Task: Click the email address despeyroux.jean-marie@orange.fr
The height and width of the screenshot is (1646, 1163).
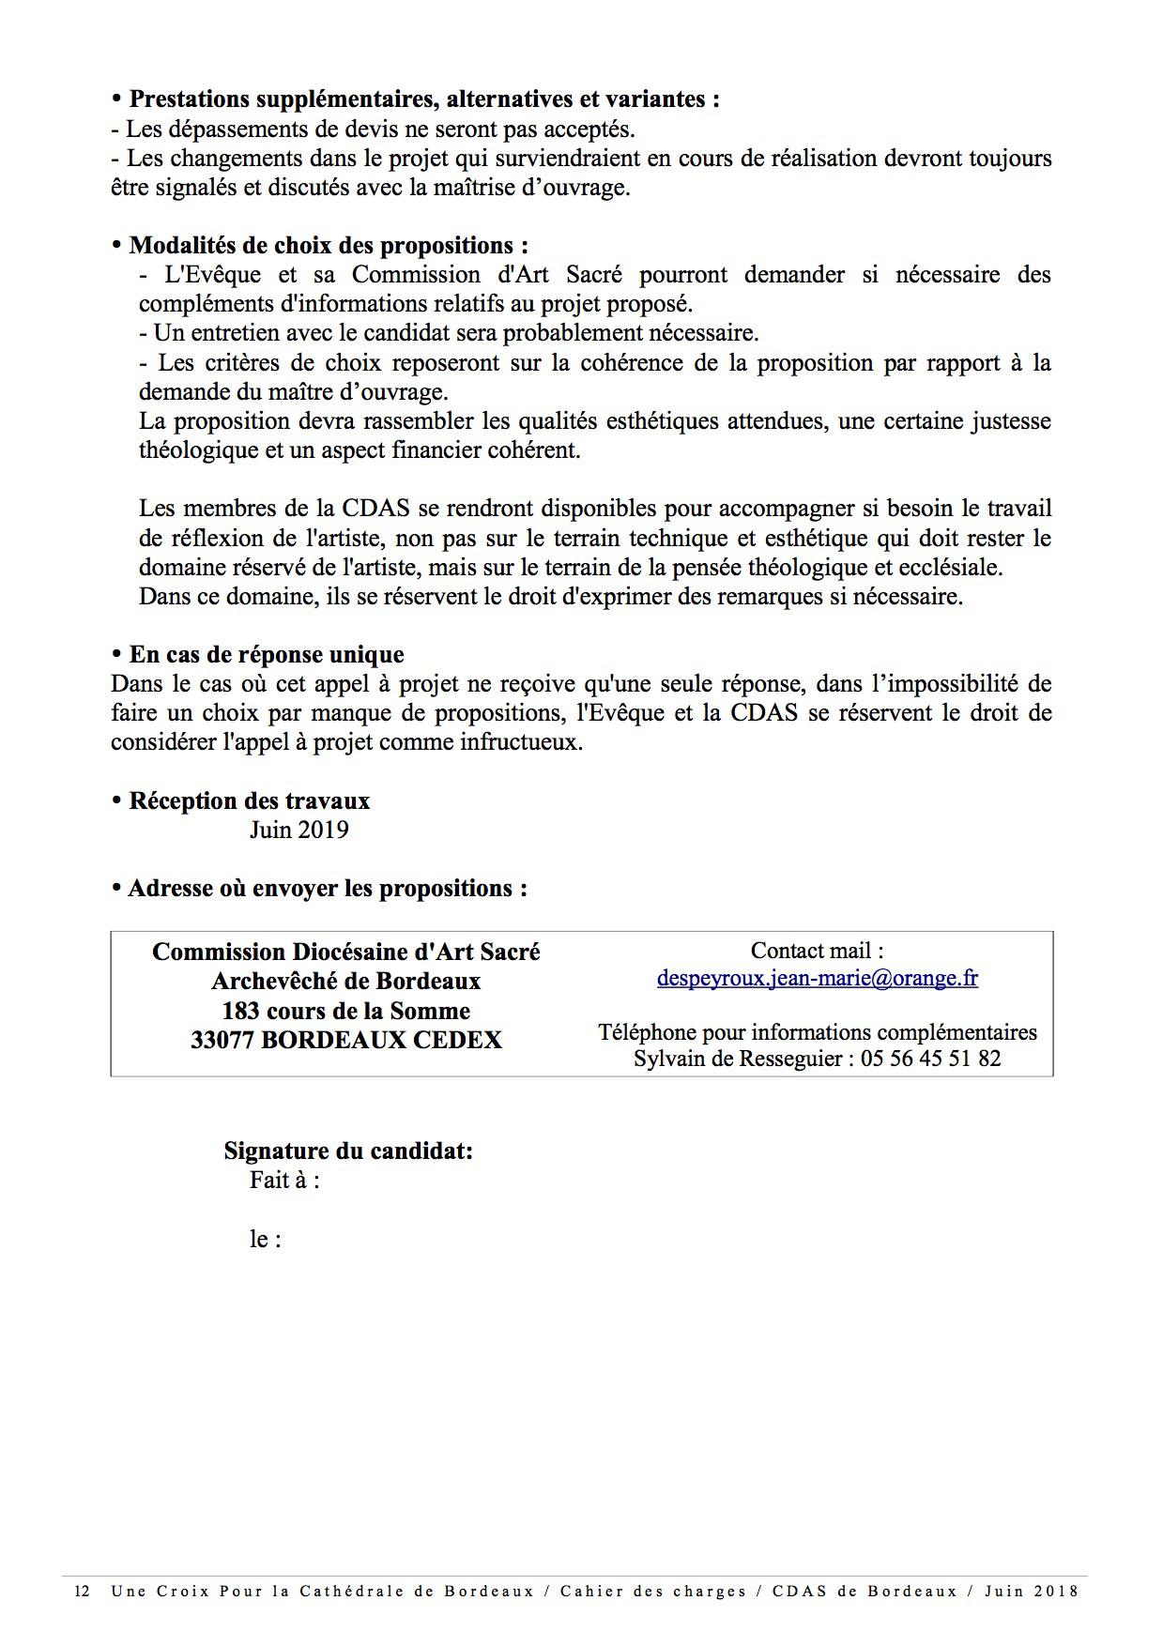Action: (817, 978)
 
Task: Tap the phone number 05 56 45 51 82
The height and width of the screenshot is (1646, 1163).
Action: (931, 1059)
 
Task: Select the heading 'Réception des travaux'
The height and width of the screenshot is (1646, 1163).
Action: (249, 800)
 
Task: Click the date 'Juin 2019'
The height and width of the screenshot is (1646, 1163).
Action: (298, 830)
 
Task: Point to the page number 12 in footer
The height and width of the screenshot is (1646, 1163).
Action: (82, 1592)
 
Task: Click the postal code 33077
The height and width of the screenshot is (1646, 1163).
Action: (223, 1040)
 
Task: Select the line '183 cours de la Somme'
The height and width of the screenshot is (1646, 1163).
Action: (345, 1011)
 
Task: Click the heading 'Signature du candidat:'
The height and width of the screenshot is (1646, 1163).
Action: (347, 1151)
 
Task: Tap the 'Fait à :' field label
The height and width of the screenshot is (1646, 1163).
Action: (284, 1181)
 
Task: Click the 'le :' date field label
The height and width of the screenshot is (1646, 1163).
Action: (266, 1240)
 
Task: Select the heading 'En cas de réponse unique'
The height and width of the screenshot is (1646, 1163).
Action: (266, 654)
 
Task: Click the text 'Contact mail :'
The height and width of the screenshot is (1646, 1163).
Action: (817, 951)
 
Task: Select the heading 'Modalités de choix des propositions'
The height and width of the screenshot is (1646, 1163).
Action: (328, 245)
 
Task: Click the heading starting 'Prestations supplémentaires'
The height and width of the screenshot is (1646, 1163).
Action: (423, 99)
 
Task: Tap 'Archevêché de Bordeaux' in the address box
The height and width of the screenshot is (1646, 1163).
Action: (345, 981)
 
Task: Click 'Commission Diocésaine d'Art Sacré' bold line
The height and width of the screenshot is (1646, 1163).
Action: (345, 952)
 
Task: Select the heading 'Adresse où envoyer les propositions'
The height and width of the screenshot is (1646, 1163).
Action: (327, 888)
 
